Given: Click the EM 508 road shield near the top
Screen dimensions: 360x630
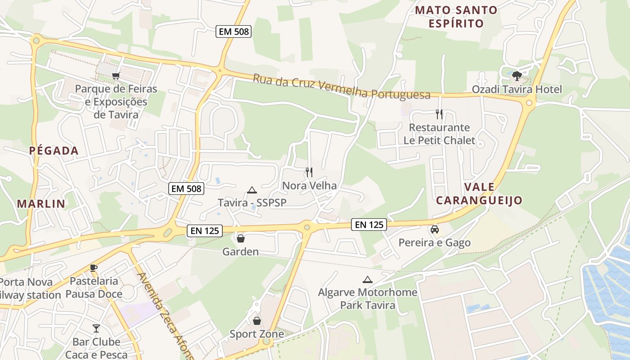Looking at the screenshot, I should point(234,31).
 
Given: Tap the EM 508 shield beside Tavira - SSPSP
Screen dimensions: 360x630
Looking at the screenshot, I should point(186,189).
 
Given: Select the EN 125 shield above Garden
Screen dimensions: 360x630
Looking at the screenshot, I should point(205,231).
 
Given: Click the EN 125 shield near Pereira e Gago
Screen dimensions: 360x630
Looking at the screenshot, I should point(369,224).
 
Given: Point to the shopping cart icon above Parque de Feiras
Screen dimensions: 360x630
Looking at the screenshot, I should point(116,76).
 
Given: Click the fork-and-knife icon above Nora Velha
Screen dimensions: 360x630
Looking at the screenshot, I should point(309,172).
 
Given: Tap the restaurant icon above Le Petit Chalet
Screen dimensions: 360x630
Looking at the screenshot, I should point(439,114).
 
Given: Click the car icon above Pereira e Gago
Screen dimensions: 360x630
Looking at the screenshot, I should point(435,229).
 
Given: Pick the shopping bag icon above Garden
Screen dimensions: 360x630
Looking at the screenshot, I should point(241,238).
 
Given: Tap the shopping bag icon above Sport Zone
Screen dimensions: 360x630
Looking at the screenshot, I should point(256,321).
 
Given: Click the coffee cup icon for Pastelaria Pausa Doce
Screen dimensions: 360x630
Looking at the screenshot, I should point(94,268).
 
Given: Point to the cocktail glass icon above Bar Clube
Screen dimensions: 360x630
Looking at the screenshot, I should point(96,328).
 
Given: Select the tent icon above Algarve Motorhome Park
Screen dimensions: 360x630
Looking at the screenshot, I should point(368,279).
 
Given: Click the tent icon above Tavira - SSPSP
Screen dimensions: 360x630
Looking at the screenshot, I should point(252,190).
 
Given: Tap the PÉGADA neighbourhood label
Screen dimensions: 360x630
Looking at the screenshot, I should point(54,151).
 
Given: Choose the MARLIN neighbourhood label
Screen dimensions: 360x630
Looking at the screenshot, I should point(41,203).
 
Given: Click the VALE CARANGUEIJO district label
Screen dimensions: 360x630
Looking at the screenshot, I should point(479,193).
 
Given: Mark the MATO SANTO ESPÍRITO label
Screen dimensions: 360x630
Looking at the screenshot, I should point(456,17).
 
